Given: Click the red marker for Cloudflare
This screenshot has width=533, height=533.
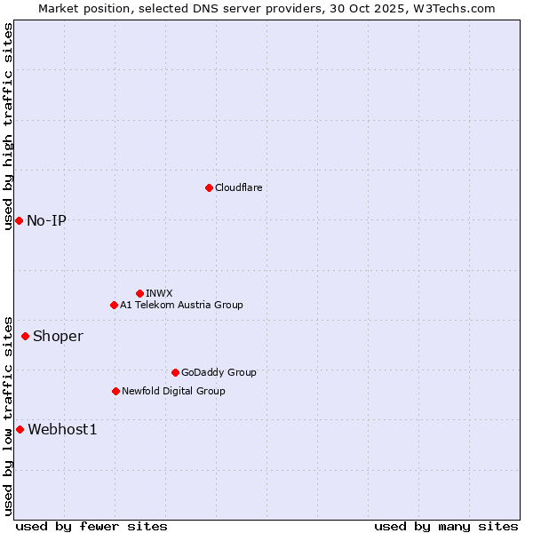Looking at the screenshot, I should coord(209,187).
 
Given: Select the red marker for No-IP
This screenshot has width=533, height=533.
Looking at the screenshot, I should coord(19,220).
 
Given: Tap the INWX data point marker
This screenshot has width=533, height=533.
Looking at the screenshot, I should coord(139,293).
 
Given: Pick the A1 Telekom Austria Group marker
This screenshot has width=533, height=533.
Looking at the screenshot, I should coord(114,305).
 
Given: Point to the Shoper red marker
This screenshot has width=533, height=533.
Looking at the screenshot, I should coord(25,336).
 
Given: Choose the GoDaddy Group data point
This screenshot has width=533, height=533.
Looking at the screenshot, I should coord(175,372).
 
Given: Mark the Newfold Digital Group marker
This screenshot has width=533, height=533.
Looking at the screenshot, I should coord(115,391).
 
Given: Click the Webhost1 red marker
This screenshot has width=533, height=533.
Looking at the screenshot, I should coord(20,430).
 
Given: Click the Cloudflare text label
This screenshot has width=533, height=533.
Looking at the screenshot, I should coord(239,187).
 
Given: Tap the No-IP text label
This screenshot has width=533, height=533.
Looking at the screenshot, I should coord(46,220).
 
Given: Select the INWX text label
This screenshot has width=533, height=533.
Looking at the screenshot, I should coord(159,293).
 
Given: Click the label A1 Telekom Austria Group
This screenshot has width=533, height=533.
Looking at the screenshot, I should coord(181,305).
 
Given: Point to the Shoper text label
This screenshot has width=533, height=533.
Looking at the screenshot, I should coord(58,336).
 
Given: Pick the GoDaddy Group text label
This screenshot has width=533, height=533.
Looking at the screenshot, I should coord(219,372).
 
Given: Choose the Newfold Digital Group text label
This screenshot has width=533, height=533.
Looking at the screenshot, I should coord(173,391).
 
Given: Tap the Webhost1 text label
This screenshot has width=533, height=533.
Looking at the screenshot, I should coord(62,430).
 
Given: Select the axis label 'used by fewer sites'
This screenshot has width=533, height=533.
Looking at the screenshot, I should coord(91,526).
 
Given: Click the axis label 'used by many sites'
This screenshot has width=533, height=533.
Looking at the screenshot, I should coord(446,526).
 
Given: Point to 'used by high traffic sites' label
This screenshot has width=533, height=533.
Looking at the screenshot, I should coord(8,126).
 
